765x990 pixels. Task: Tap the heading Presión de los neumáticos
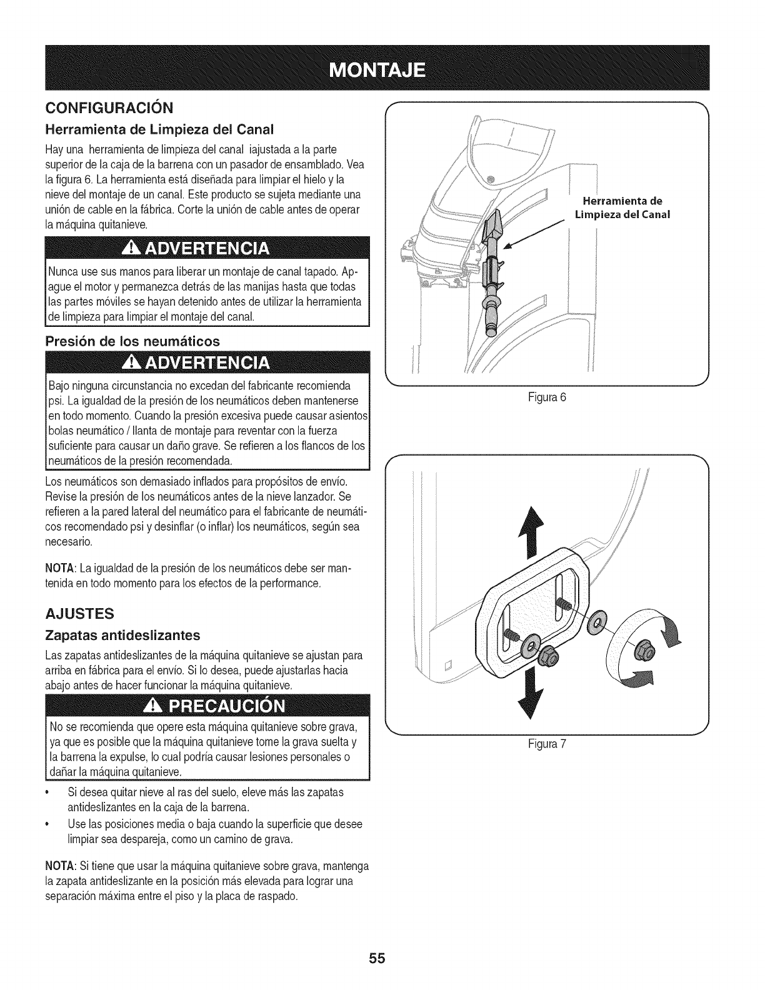tap(132, 341)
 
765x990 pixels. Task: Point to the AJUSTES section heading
tap(79, 613)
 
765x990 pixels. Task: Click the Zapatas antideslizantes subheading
tap(123, 636)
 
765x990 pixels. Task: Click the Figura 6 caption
tap(546, 398)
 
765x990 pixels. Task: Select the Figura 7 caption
tap(546, 744)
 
